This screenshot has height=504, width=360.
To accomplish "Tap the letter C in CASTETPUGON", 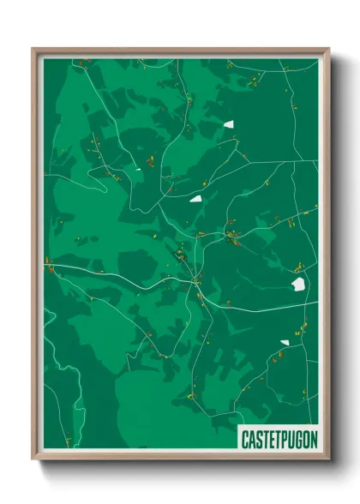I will point(245,438).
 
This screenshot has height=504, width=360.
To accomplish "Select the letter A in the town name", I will point(251,438).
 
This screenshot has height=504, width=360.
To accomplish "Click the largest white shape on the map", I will point(298,284).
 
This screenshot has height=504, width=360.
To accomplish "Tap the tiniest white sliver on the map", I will point(137,170).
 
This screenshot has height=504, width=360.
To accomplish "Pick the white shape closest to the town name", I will point(285,343).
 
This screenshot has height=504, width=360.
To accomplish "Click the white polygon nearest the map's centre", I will point(196,199).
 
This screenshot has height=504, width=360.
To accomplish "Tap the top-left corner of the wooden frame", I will point(33,49).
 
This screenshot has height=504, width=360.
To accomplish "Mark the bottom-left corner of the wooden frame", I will point(33,459).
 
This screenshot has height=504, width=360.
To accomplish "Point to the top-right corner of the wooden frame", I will point(329,49).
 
